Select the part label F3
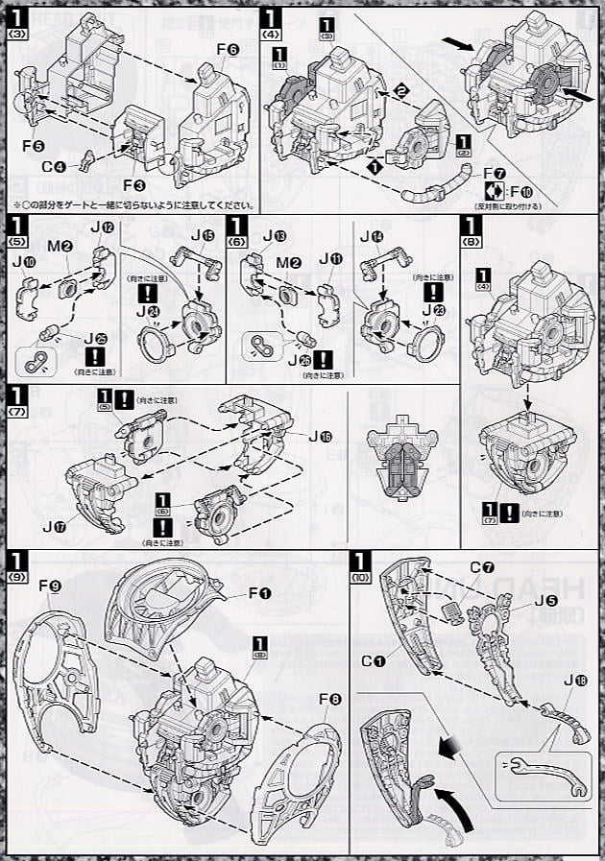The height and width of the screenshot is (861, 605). coord(133,184)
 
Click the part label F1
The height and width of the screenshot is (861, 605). coord(259,593)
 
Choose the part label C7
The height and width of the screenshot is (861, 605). coord(481,565)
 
